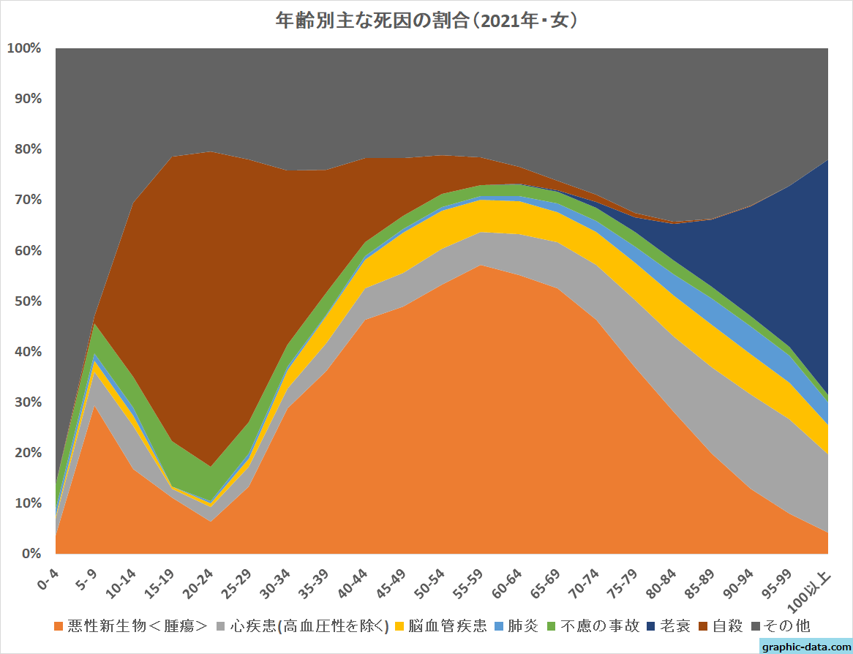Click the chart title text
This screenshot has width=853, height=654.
(x=426, y=20)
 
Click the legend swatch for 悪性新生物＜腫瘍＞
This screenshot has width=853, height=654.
(x=59, y=626)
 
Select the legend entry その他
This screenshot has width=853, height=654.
(x=787, y=626)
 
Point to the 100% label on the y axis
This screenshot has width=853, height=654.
(x=23, y=48)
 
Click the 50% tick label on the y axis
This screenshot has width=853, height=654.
(x=27, y=301)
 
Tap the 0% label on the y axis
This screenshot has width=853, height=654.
(x=31, y=554)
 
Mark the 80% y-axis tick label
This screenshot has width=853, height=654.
(x=27, y=149)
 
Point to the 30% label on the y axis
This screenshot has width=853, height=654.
(x=27, y=402)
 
